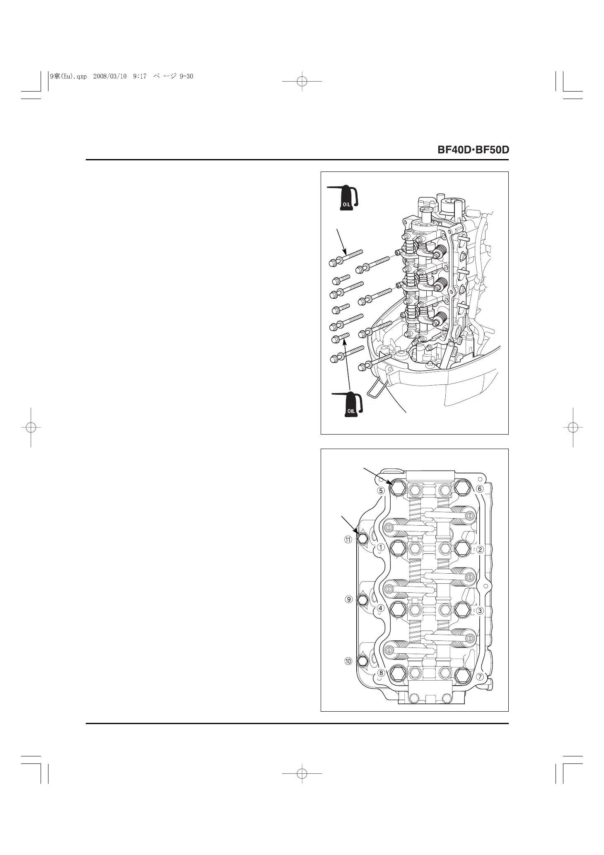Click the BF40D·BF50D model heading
click(x=473, y=150)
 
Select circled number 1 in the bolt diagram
click(x=380, y=547)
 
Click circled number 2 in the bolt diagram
click(x=480, y=550)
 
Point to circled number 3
click(x=480, y=611)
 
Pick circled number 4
click(x=380, y=609)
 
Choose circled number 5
click(x=381, y=490)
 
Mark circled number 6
click(x=480, y=489)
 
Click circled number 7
click(x=480, y=677)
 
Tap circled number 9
click(x=349, y=599)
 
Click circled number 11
click(x=348, y=539)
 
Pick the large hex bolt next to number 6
click(x=461, y=489)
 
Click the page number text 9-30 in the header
click(x=186, y=76)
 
